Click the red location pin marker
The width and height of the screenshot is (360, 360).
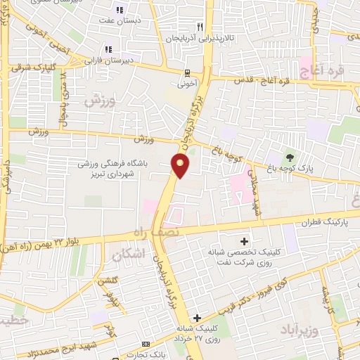[181, 166]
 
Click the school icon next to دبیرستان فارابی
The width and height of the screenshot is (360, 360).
[108, 49]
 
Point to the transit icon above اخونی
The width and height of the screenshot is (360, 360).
[186, 72]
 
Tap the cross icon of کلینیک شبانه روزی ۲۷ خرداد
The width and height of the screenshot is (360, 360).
[198, 318]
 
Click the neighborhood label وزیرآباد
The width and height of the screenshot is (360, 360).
[307, 330]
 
